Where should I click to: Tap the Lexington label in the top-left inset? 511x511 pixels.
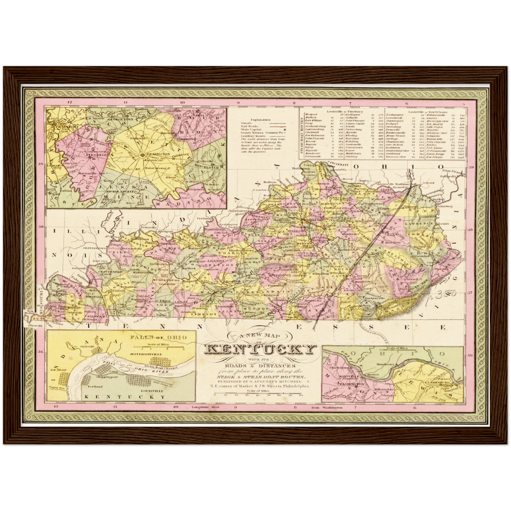157,155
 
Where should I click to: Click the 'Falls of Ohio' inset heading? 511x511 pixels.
158,337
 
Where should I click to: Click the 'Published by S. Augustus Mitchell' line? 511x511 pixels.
260,382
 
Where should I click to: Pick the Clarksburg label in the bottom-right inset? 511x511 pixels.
437,382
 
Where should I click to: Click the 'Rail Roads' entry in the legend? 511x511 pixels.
248,126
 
